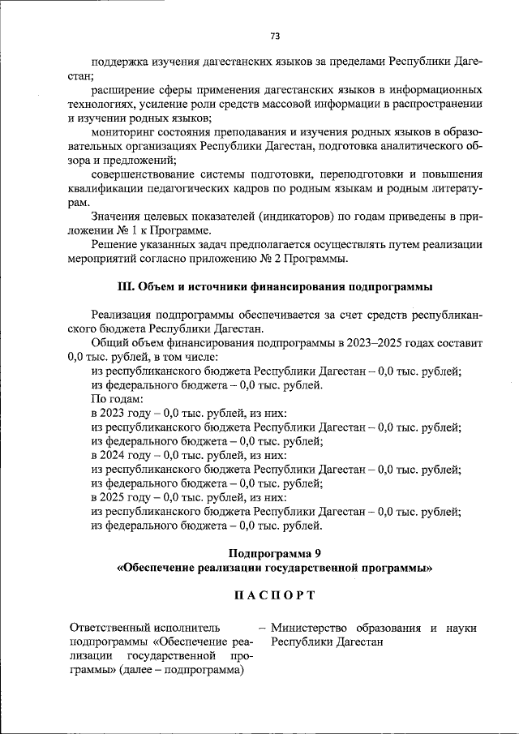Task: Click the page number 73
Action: [275, 36]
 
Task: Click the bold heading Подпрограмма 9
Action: [274, 553]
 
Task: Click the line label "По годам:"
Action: [118, 399]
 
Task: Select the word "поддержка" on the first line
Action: [118, 62]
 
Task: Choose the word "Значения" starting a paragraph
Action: [116, 217]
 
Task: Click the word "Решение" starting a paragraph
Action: [114, 244]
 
